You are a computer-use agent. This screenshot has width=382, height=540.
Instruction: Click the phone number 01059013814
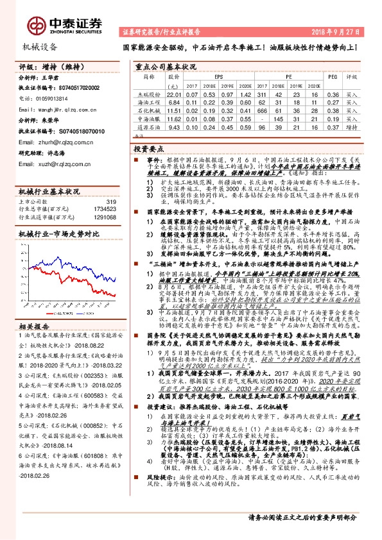pyautogui.click(x=49, y=99)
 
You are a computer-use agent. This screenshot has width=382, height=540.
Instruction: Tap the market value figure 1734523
pyautogui.click(x=104, y=210)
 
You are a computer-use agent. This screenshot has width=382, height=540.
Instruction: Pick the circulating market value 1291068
pyautogui.click(x=104, y=217)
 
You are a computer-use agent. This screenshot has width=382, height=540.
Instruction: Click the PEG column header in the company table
pyautogui.click(x=332, y=76)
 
